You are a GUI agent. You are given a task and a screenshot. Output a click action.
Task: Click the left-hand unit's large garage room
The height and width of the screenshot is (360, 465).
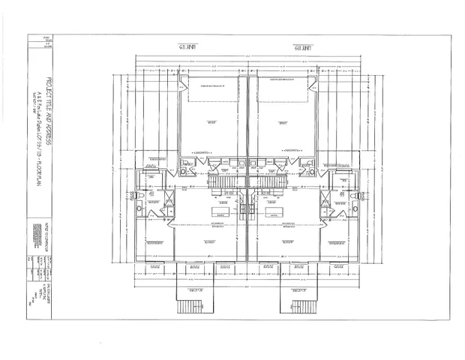pos(211,120)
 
